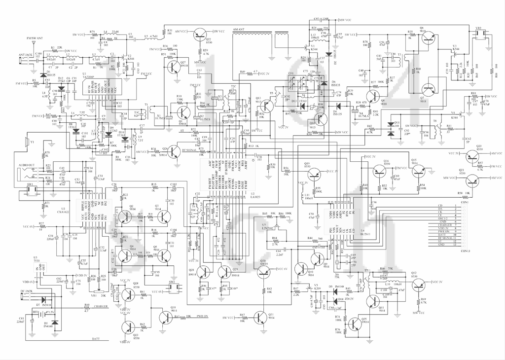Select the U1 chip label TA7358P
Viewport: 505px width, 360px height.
point(92,77)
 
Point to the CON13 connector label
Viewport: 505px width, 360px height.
point(465,251)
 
